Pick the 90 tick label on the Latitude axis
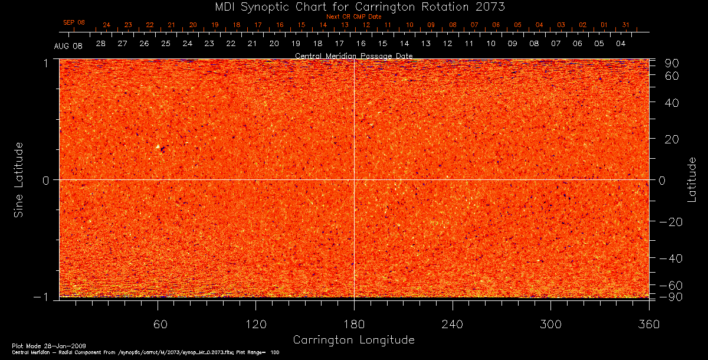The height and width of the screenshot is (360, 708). (673, 63)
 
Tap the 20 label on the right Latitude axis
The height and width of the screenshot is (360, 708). (673, 139)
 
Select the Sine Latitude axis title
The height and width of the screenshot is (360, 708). (19, 179)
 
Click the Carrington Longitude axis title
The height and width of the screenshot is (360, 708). (353, 340)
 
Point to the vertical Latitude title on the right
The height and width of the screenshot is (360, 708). (692, 179)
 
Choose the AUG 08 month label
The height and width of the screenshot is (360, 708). (68, 45)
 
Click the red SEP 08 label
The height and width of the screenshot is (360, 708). (74, 22)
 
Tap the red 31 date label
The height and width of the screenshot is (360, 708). (625, 25)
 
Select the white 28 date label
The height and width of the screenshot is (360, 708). (101, 44)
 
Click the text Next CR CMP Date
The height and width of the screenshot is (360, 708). (353, 17)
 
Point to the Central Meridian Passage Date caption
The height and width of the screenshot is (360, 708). (353, 56)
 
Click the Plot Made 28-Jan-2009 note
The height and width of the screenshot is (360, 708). (36, 345)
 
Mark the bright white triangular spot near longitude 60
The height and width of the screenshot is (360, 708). (158, 146)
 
